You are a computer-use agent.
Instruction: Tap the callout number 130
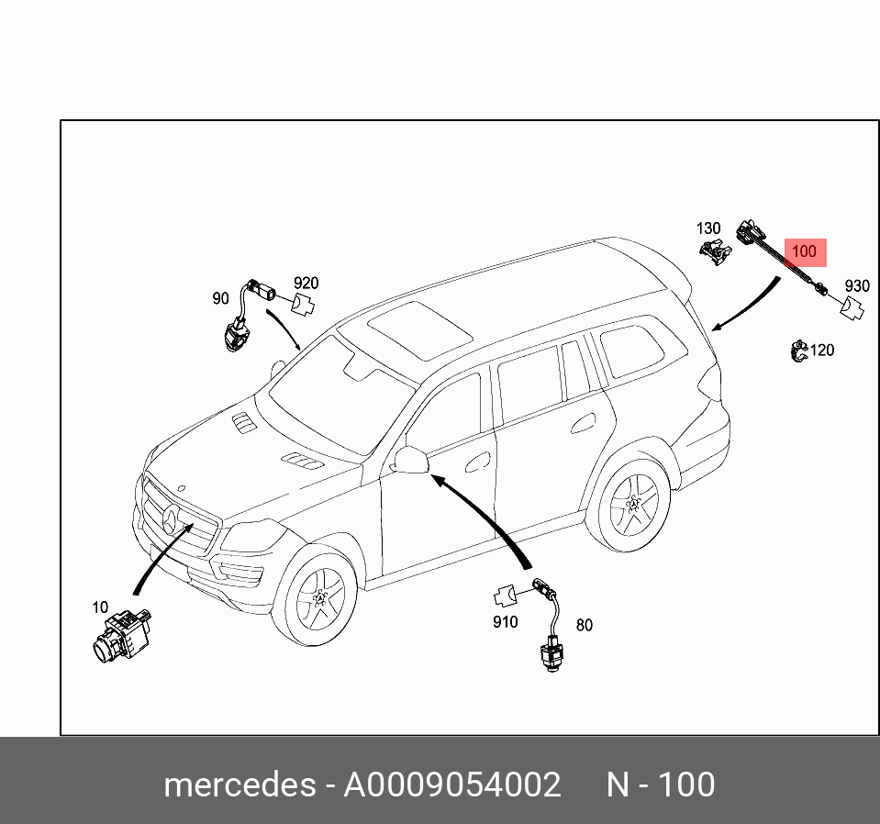[708, 228]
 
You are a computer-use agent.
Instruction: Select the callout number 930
[856, 286]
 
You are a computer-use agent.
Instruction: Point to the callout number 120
[822, 350]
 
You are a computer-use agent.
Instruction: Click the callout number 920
[306, 283]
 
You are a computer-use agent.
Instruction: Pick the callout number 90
[220, 298]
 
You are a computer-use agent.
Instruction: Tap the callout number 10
[100, 607]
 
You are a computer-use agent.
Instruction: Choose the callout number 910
[505, 621]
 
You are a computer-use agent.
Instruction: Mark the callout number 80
[584, 625]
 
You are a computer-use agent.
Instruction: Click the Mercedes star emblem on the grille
[171, 523]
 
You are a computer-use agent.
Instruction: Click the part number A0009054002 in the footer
[451, 785]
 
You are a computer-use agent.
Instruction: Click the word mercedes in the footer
[239, 785]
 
